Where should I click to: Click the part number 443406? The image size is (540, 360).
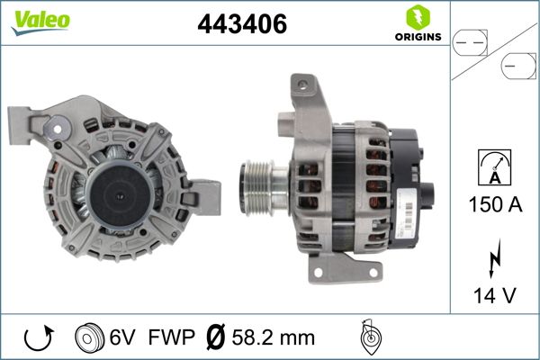click(241, 26)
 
